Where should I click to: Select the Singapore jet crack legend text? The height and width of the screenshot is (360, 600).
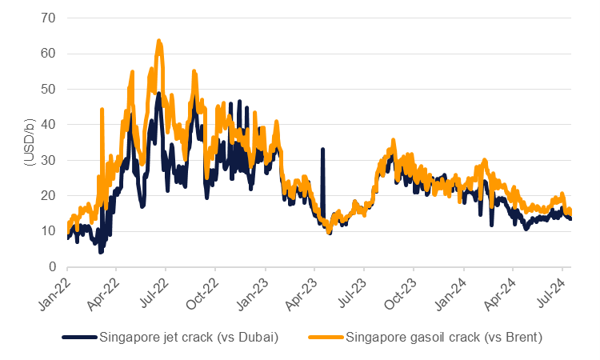point(187,337)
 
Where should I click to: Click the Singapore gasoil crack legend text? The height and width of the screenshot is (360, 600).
point(444,337)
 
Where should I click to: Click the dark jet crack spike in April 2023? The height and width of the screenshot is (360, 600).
point(322,150)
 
